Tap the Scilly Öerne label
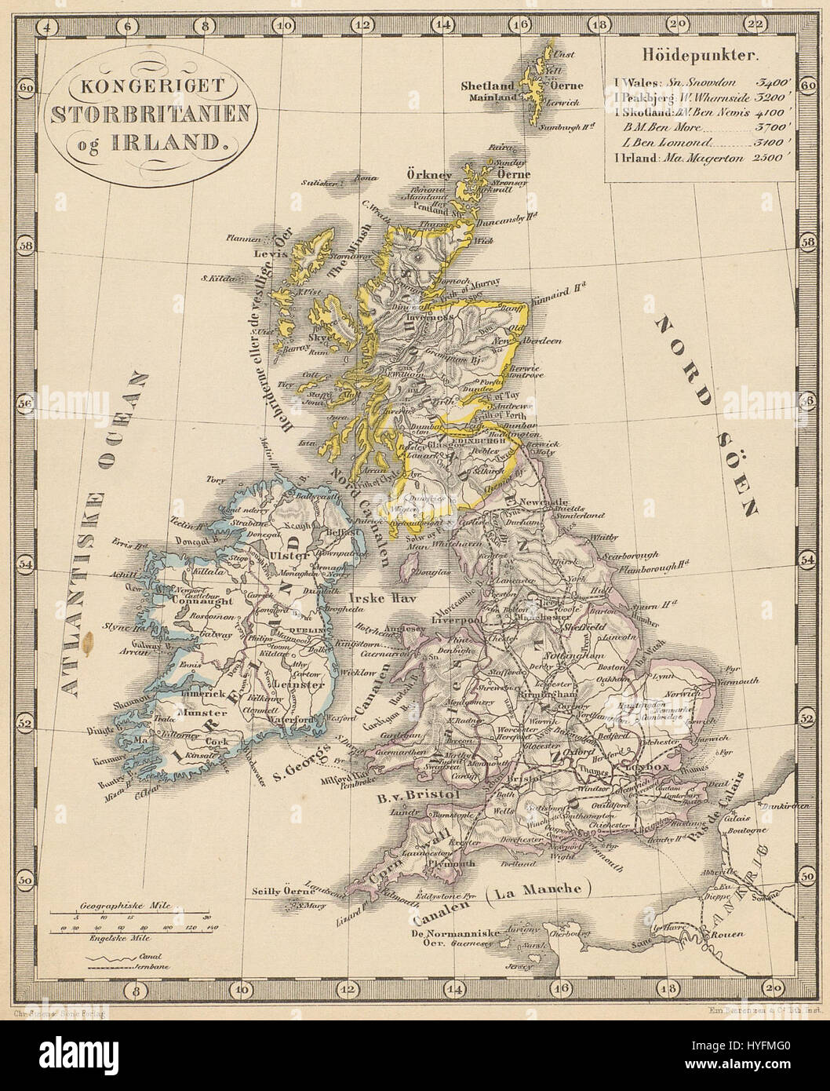280,891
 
